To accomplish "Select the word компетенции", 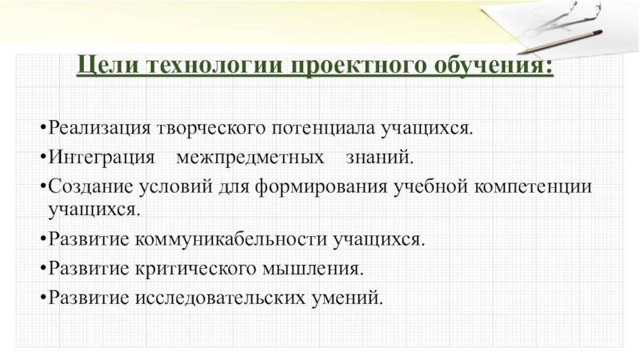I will pyautogui.click(x=541, y=186).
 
